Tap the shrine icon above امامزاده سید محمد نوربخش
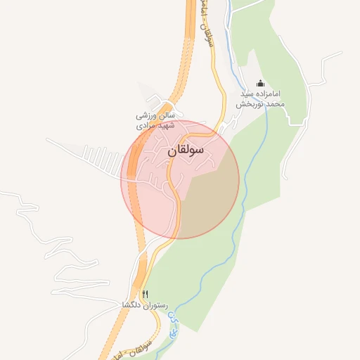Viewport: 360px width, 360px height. pos(261,83)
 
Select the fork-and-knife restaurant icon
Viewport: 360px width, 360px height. pos(146,294)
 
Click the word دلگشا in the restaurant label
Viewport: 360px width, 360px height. pos(134,306)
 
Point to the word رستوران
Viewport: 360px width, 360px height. pos(156,306)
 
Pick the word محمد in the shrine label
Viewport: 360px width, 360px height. pos(275,103)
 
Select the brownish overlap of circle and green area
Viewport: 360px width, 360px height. pos(207,200)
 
